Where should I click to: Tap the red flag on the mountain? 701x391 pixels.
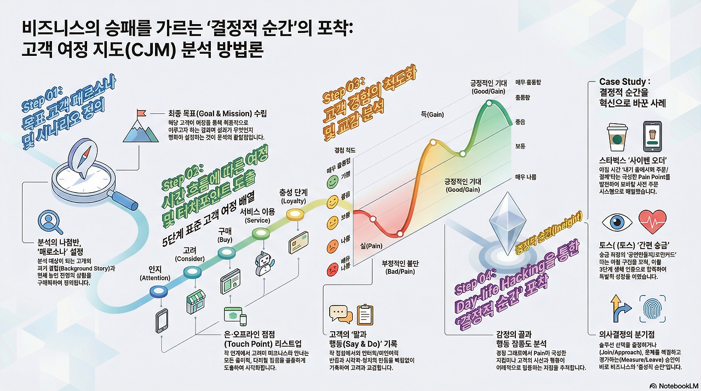pos(141,114)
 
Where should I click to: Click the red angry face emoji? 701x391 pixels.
pos(332,269)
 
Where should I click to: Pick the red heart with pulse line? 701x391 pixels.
pos(653,223)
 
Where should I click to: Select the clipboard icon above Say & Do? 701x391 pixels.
pos(365,314)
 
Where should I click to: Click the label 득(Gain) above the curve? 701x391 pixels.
pos(432,114)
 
